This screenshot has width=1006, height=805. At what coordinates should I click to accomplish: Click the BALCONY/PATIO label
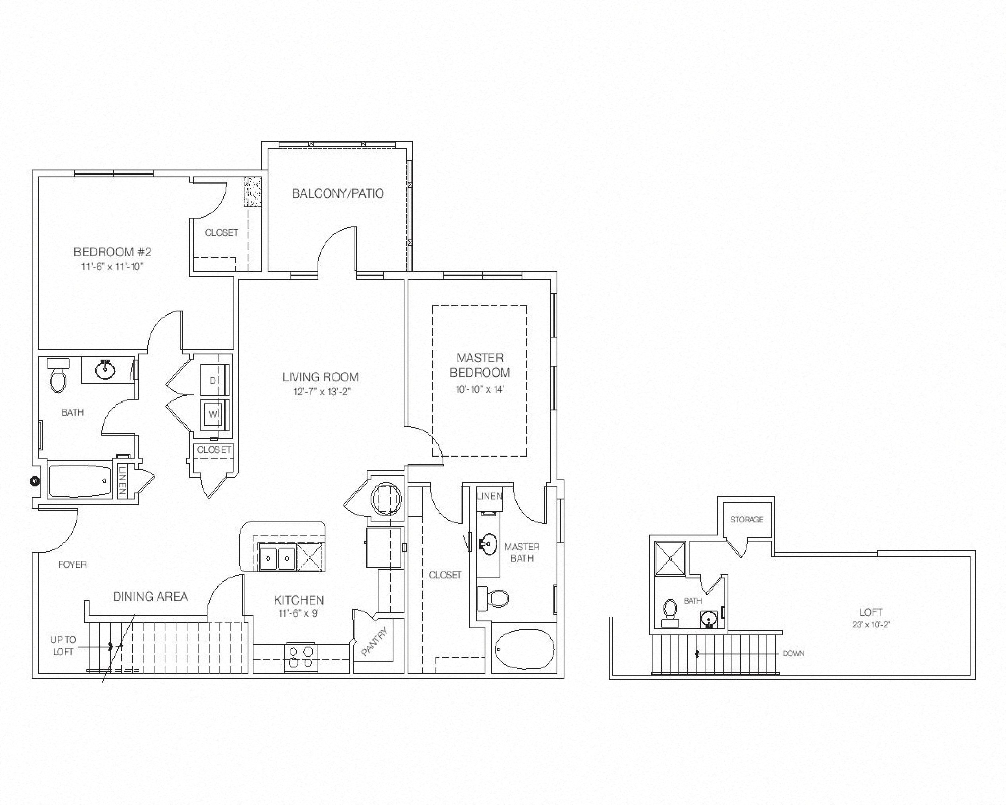[x=337, y=193]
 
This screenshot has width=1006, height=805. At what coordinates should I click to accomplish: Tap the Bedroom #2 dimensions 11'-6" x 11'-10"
[x=112, y=267]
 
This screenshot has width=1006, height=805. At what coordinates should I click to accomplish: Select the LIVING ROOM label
[x=321, y=377]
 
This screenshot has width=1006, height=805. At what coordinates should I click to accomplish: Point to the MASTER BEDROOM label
[x=480, y=365]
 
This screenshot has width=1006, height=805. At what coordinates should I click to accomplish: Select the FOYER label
[x=72, y=565]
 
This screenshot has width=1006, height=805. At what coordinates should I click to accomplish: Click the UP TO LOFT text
[x=63, y=646]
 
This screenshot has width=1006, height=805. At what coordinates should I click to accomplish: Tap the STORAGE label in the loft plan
[x=746, y=520]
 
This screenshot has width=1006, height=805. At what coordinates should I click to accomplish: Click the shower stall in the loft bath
[x=670, y=558]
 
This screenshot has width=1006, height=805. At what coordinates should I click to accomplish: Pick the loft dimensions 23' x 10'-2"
[x=871, y=625]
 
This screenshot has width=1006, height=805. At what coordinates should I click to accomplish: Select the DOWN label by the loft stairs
[x=793, y=654]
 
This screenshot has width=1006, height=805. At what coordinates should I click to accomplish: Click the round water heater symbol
[x=386, y=499]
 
